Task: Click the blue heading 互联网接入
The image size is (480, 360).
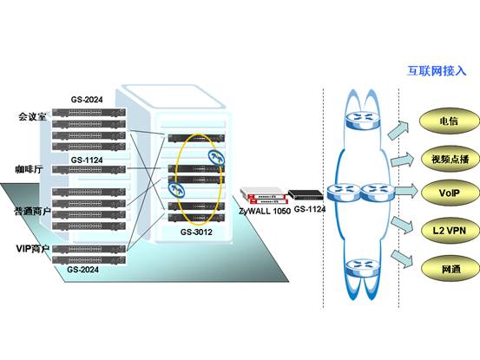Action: point(437,71)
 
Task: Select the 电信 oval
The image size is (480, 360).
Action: point(449,121)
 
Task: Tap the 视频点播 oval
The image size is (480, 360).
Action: point(450,159)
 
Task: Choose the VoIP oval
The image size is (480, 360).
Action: point(450,193)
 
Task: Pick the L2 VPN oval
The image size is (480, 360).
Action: point(450,231)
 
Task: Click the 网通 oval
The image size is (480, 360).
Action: point(450,269)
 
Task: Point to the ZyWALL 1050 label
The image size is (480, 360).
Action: point(265,211)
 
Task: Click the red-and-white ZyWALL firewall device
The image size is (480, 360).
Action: point(264,196)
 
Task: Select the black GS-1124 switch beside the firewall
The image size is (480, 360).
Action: point(306,194)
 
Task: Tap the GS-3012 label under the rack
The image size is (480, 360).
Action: point(196,232)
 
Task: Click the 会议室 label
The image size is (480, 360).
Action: point(32,116)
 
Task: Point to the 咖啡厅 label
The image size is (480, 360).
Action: point(30,169)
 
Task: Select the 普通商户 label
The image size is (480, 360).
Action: point(32,211)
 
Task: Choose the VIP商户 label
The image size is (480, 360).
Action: point(33,249)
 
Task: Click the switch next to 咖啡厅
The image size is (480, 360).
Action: point(89,169)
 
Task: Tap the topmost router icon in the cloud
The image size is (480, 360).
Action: point(363,120)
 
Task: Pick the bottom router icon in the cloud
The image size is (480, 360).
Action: point(363,268)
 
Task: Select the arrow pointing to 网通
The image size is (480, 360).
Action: point(402,259)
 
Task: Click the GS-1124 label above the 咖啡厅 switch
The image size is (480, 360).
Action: point(87,160)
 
